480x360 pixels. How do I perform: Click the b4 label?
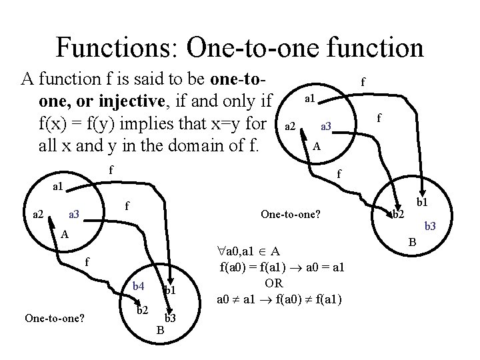pyautogui.click(x=138, y=287)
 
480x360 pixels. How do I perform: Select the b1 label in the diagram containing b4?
pyautogui.click(x=170, y=290)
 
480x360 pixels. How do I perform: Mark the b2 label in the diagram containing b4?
pyautogui.click(x=142, y=311)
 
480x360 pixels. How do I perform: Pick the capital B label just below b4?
pyautogui.click(x=160, y=329)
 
